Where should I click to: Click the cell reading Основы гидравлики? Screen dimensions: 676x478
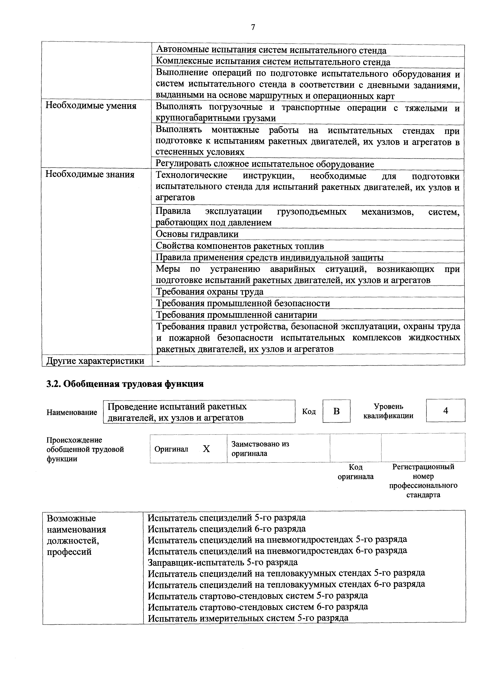(x=197, y=234)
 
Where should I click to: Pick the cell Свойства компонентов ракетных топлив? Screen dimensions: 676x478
(x=240, y=246)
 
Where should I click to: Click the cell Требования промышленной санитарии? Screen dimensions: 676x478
(x=236, y=315)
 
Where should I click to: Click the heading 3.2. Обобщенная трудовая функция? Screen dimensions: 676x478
(x=125, y=384)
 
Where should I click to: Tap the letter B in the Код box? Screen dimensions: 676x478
(x=336, y=411)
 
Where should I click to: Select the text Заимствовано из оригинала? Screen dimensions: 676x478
(x=260, y=448)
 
